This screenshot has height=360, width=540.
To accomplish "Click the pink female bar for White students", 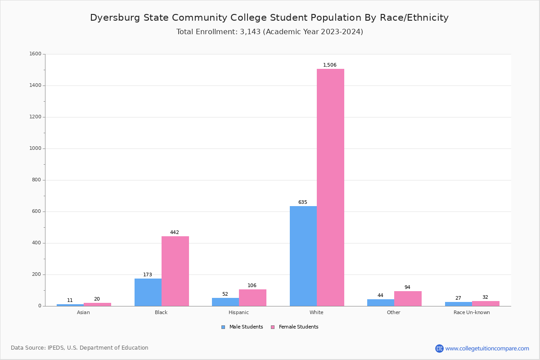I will (330, 187).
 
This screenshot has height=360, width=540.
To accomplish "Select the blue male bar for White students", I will (303, 256).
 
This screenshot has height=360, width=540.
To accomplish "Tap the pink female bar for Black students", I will (175, 271).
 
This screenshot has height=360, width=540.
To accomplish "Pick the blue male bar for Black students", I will (148, 292).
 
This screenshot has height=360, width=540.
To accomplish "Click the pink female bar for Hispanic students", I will (252, 297).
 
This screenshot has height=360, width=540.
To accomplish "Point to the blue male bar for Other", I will (381, 302).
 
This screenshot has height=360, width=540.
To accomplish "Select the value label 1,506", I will (330, 65).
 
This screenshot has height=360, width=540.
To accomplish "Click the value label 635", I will (303, 202).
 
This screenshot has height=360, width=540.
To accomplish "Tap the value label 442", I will (175, 233).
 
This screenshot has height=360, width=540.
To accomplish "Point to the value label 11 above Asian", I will (70, 301).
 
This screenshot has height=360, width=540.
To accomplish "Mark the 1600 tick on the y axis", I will (35, 54).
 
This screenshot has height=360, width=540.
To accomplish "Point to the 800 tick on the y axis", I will (36, 180).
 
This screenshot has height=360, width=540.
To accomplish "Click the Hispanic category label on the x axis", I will (238, 312).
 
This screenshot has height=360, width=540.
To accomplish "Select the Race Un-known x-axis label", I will (472, 312).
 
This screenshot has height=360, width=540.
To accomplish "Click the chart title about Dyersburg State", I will (269, 18).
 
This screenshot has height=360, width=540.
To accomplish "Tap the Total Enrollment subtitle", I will (270, 32).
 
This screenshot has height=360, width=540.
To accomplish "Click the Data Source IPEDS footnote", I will (80, 348).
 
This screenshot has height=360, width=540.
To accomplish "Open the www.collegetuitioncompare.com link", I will (487, 348).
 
